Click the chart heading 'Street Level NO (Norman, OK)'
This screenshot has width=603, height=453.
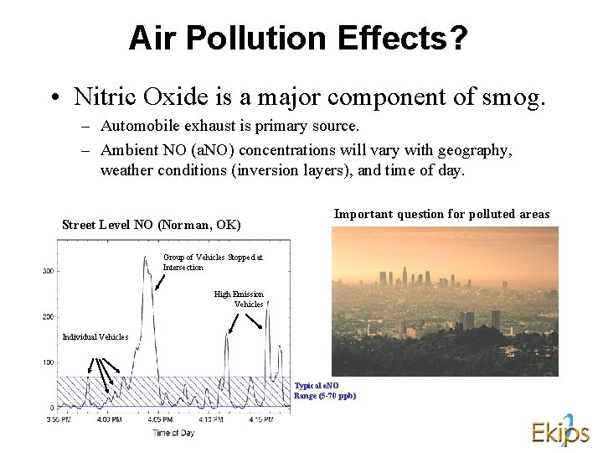pos(152,225)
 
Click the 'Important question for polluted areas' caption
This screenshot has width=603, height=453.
pos(441,214)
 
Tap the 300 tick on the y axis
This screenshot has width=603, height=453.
pos(49,271)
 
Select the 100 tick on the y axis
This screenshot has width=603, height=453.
pos(49,362)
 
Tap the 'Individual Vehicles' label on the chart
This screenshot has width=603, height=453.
pos(95,337)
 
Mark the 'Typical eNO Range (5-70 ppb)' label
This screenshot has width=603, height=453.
pos(324,390)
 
